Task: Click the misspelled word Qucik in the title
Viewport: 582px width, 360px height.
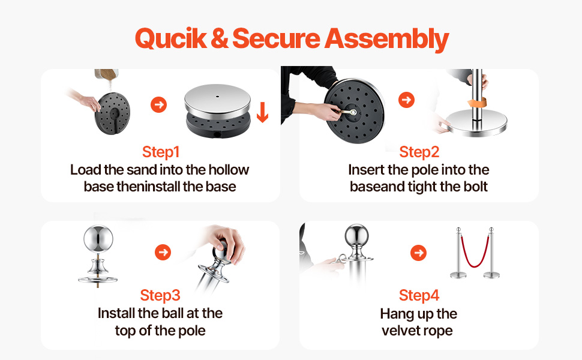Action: point(171,38)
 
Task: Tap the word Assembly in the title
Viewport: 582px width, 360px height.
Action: point(387,40)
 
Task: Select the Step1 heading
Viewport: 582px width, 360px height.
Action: point(161,152)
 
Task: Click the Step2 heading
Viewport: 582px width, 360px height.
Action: point(419,152)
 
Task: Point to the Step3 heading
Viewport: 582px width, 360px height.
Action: point(160,295)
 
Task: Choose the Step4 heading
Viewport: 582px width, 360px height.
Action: point(419,295)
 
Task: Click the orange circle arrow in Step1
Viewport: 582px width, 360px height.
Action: point(158,104)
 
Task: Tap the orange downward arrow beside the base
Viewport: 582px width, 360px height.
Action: point(262,112)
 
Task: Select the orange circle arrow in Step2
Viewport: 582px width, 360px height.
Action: point(406,100)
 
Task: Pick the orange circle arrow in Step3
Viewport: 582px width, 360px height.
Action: point(163,253)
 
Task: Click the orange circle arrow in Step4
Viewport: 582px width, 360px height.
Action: point(419,253)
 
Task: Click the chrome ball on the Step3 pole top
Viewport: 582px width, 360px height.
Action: point(98,239)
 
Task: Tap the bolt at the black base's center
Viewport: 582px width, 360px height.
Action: point(353,112)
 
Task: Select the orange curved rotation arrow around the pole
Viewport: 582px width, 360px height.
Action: point(478,103)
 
